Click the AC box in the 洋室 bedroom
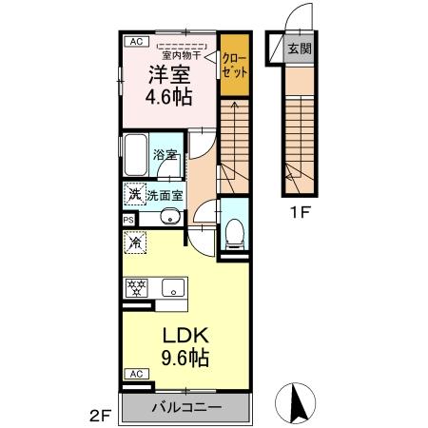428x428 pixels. point(137,42)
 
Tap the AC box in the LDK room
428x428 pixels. point(137,374)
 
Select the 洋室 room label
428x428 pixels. point(169,74)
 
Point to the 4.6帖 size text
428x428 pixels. point(169,97)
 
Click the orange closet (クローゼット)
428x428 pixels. point(235,65)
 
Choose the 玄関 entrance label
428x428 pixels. point(300,49)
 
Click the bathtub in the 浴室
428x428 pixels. point(135,155)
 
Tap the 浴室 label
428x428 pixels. point(165,155)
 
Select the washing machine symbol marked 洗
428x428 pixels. point(135,194)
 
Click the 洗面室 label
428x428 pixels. point(165,196)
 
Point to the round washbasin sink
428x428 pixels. point(170,217)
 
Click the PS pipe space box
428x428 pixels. point(128,220)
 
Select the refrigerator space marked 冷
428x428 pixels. point(135,243)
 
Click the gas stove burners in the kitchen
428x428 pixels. point(136,288)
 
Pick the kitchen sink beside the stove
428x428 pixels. point(173,287)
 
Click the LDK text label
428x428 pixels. point(185,336)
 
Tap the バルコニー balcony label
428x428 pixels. point(186,407)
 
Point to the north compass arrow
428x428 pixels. point(297,402)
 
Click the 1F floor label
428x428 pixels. point(300,213)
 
